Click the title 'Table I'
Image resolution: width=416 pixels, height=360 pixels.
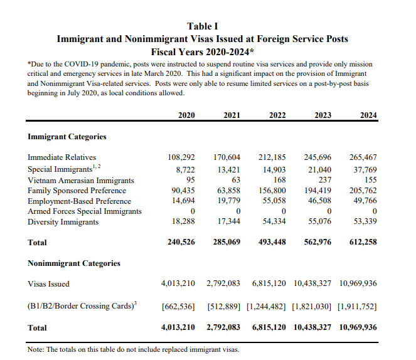pos(203,26)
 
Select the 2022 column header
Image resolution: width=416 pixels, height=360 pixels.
pos(277,114)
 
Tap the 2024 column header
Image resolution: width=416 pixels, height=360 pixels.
pos(368,114)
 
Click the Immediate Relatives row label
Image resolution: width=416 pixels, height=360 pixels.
pos(62,157)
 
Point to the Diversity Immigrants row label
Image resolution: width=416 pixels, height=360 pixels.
pos(63,222)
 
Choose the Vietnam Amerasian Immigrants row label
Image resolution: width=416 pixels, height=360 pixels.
pos(81,179)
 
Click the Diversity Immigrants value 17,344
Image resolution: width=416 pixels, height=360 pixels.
pos(227,222)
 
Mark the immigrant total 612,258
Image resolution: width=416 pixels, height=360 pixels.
pos(363,242)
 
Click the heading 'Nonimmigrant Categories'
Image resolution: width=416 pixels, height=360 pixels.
pos(74,263)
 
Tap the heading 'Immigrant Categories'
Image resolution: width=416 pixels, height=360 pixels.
pos(67,136)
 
